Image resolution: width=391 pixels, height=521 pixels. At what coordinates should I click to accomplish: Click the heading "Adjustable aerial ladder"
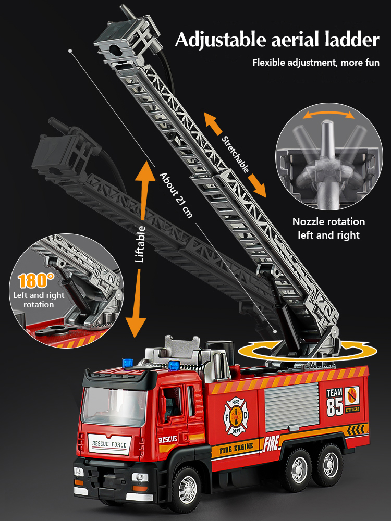click(277, 40)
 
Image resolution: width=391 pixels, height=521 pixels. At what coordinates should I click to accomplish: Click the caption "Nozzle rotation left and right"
click(328, 228)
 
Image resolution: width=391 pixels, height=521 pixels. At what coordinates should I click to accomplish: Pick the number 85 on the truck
click(335, 406)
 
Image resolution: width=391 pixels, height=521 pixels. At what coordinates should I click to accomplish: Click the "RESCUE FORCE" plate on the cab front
click(109, 444)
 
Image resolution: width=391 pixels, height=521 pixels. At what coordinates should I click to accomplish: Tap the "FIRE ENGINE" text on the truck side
click(236, 447)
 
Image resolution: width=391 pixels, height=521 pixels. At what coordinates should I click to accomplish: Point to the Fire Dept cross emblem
click(236, 415)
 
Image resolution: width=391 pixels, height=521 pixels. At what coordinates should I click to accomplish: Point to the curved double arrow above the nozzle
click(327, 114)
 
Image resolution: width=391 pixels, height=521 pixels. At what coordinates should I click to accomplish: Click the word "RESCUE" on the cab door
click(167, 439)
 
